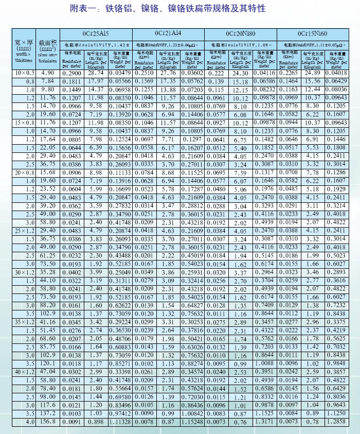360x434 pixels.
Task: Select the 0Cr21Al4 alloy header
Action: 168,33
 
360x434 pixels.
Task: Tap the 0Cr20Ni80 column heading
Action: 240,33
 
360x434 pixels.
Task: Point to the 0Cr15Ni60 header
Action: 312,33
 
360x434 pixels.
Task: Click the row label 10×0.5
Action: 24,74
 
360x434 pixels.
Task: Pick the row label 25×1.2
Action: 24,230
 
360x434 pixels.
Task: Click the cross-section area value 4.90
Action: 47,74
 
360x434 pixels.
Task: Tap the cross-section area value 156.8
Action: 47,422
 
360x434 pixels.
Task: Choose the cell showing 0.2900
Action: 72,74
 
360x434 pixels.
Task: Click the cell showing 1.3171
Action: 264,422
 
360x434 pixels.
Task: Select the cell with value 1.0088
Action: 264,362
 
